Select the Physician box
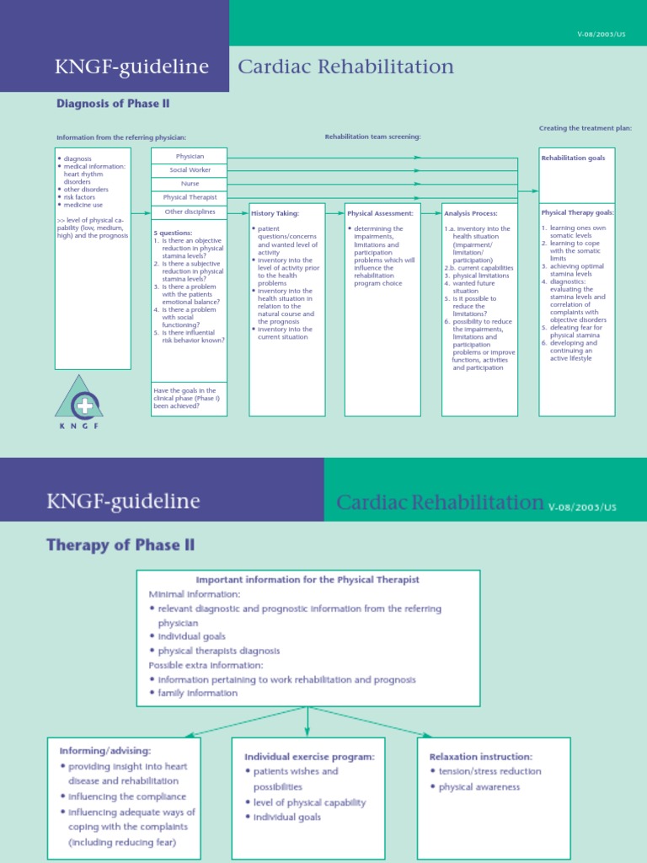(x=189, y=156)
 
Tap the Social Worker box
(x=189, y=170)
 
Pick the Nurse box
(x=189, y=184)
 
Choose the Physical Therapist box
(x=189, y=197)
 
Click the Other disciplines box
(x=189, y=212)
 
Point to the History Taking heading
(x=275, y=213)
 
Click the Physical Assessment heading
(x=380, y=213)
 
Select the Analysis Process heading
(x=471, y=213)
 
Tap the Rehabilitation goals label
(x=573, y=158)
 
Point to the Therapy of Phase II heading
(x=120, y=545)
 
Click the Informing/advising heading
(x=104, y=750)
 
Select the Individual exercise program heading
(x=309, y=756)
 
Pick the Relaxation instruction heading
(x=481, y=756)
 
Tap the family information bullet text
(x=198, y=693)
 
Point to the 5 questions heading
(x=173, y=232)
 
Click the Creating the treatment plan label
(x=586, y=128)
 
